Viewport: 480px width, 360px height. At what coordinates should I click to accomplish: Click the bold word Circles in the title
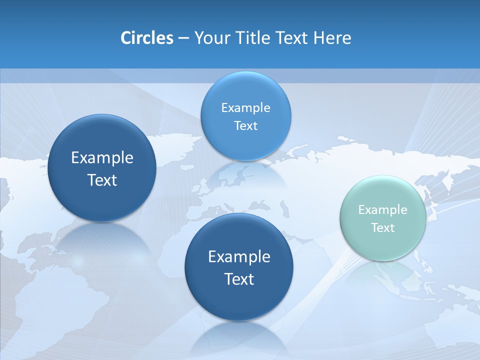point(146,38)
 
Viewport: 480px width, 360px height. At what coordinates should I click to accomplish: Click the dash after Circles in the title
point(183,38)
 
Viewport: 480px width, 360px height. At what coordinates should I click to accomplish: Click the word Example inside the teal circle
point(382,210)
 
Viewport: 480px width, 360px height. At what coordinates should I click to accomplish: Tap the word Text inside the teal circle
point(383,228)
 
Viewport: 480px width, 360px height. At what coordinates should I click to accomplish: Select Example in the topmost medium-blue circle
point(245,108)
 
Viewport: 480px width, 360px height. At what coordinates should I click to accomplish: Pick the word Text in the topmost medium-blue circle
point(245,126)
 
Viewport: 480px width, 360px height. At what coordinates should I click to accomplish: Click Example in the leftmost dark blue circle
point(102,158)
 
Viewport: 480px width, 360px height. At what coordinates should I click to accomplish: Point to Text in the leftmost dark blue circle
point(102,180)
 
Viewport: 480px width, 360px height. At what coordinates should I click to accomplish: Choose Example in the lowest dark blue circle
point(239,257)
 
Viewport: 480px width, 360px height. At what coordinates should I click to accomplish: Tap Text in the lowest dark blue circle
point(239,279)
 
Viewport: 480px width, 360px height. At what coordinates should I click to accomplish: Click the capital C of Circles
point(126,38)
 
